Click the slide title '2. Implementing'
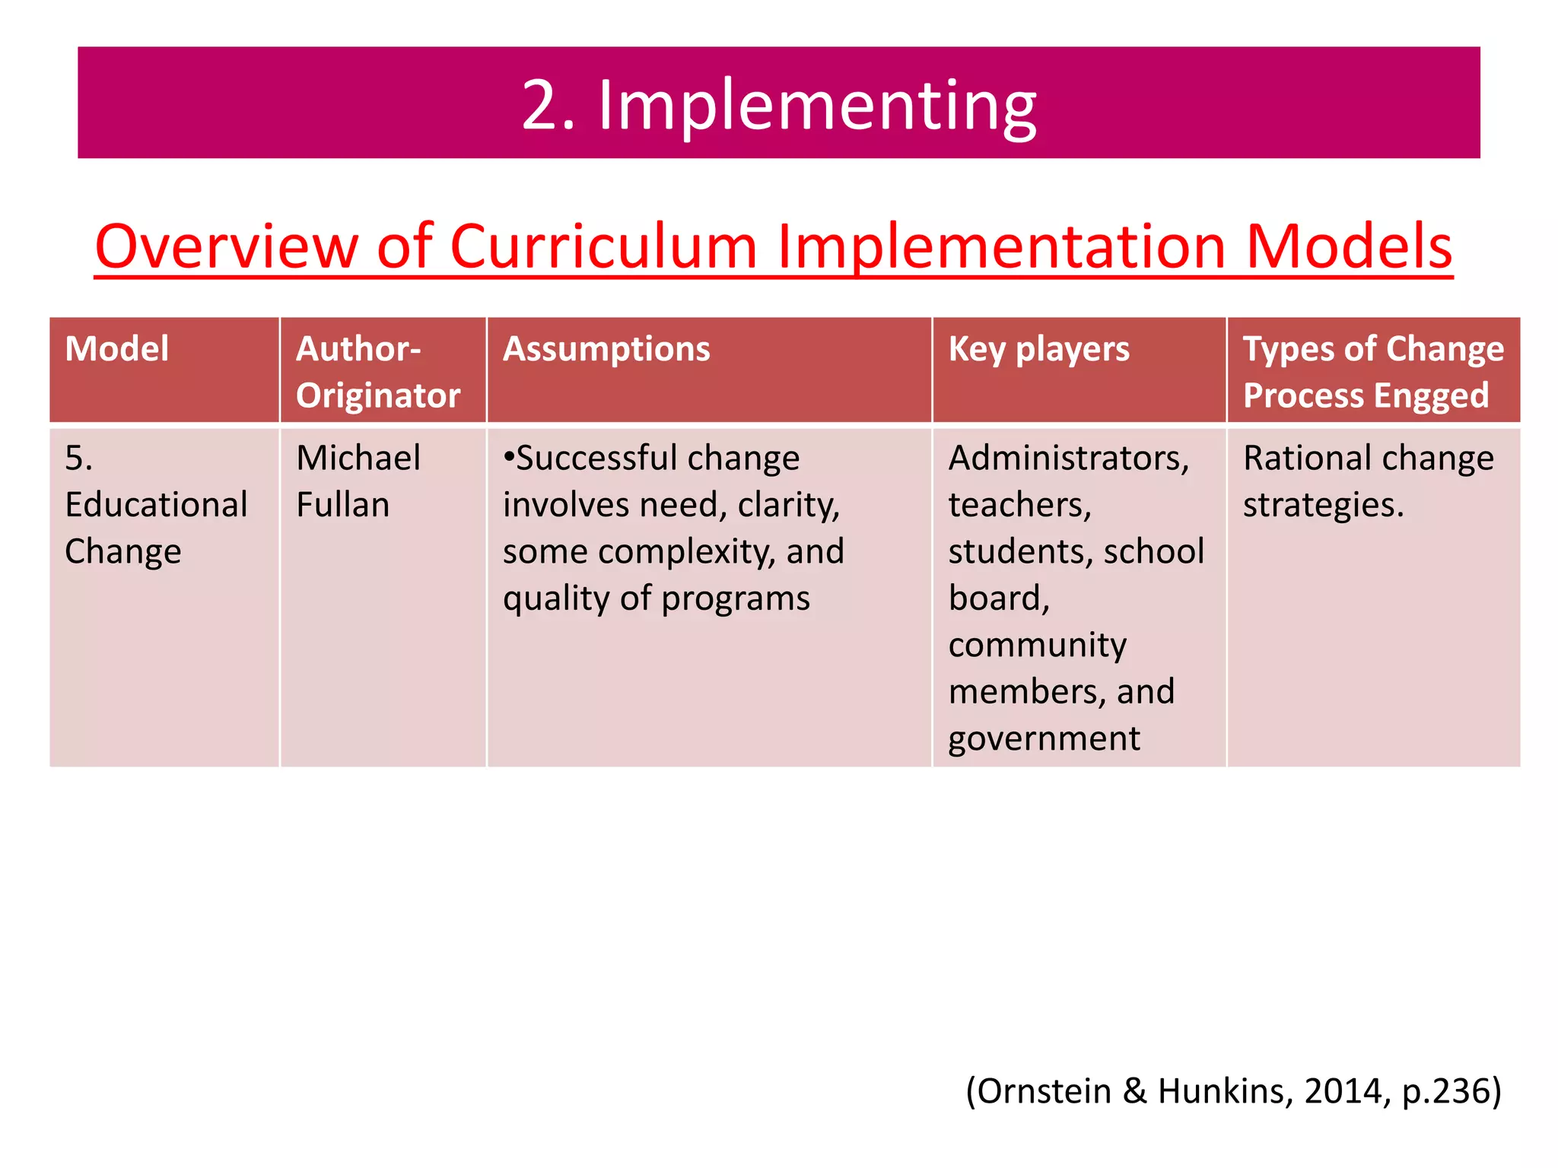click(778, 104)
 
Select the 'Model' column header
click(116, 349)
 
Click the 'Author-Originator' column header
click(377, 372)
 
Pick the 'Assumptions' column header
click(606, 349)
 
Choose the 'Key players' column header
click(1038, 349)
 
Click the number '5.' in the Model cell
click(78, 458)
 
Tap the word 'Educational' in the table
click(156, 504)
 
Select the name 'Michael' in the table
click(358, 458)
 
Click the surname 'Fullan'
click(342, 504)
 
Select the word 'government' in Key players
click(1044, 738)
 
